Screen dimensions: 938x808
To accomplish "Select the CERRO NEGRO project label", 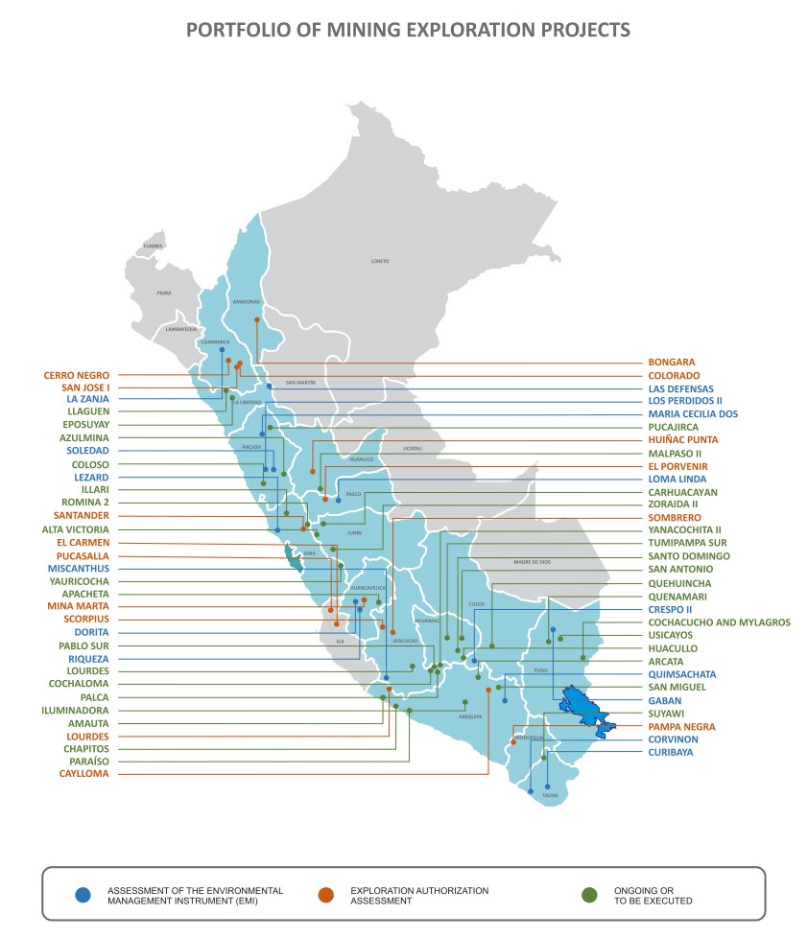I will pyautogui.click(x=76, y=375).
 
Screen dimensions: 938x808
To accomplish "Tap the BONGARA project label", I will pyautogui.click(x=671, y=363).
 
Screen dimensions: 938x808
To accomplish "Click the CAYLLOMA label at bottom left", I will pyautogui.click(x=83, y=774).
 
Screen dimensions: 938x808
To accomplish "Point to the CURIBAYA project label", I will pyautogui.click(x=673, y=753).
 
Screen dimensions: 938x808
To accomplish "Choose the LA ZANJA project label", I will pyautogui.click(x=87, y=399).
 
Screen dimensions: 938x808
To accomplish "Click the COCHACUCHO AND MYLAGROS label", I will pyautogui.click(x=719, y=622).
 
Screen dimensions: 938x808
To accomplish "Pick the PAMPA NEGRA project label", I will pyautogui.click(x=681, y=727).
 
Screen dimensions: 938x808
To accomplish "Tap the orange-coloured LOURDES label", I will pyautogui.click(x=86, y=736).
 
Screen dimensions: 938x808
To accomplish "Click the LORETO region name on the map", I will pyautogui.click(x=380, y=261).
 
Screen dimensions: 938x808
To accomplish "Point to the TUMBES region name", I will pyautogui.click(x=153, y=246).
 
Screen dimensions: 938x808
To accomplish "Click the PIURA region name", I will pyautogui.click(x=164, y=293).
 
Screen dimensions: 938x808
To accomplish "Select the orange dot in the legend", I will pyautogui.click(x=326, y=896).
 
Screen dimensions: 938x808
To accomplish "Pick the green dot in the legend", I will pyautogui.click(x=590, y=896).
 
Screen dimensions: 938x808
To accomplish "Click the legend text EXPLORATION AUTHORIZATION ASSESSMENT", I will pyautogui.click(x=419, y=896).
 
